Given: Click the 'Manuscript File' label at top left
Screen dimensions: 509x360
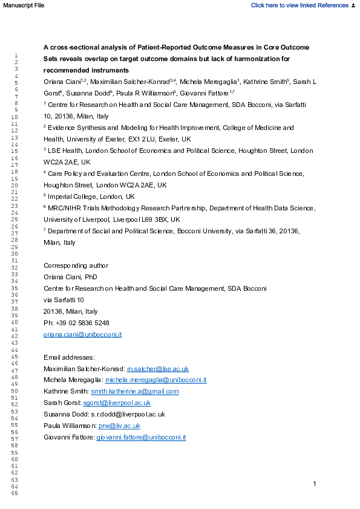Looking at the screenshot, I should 22,5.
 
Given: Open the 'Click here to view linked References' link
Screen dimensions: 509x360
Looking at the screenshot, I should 299,5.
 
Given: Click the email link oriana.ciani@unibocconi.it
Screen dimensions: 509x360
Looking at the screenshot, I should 83,334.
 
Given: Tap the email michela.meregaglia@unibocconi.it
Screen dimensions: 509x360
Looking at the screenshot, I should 156,380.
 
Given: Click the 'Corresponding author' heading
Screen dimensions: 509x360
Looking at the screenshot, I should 76,265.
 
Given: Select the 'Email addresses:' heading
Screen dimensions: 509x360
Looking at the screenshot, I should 70,357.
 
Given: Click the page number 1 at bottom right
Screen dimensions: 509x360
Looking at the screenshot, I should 315,484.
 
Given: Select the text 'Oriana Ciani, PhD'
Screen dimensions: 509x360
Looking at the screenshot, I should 70,277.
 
